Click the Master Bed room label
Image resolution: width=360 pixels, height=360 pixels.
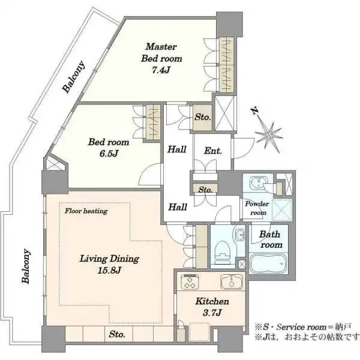[x=161, y=53]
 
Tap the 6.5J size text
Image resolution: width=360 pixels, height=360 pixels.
[x=109, y=154]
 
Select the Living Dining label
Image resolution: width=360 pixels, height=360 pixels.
[x=109, y=259]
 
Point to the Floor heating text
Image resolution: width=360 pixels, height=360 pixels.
[x=86, y=211]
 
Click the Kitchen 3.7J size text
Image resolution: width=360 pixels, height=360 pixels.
[x=212, y=313]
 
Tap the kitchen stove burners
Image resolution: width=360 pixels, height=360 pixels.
[x=189, y=281]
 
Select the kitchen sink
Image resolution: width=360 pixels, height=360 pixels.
[x=232, y=281]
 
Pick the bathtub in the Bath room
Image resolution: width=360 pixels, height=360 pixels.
[x=268, y=263]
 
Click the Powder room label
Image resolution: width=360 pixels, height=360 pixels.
[x=257, y=208]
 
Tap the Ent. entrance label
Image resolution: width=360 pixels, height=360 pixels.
[x=213, y=151]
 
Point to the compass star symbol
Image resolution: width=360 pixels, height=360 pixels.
[x=269, y=136]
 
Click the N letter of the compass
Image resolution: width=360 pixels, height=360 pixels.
[x=254, y=111]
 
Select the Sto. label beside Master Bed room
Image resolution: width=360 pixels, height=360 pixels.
[x=203, y=118]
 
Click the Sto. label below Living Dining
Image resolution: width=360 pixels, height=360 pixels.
[x=117, y=334]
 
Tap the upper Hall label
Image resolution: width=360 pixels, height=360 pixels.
[x=176, y=149]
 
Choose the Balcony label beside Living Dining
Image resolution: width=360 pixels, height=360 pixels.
[x=25, y=266]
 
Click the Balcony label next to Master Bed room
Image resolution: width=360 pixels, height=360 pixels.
[x=74, y=77]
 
